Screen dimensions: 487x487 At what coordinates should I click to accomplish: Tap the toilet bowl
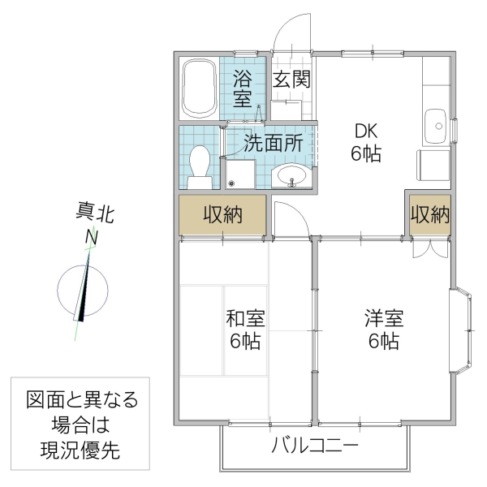(199, 162)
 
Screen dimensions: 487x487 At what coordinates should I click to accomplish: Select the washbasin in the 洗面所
(290, 175)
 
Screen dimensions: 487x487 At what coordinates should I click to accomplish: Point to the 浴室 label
(243, 88)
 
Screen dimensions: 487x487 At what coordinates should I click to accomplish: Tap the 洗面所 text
(274, 143)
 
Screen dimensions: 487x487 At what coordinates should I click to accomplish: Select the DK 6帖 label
(365, 142)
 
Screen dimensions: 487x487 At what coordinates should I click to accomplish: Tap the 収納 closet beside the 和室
(222, 214)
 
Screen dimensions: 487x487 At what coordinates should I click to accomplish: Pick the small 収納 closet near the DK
(429, 214)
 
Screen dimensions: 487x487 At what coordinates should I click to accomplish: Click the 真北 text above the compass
(92, 215)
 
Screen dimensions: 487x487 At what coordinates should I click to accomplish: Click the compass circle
(84, 289)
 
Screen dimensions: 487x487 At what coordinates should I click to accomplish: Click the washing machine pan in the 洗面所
(241, 172)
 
